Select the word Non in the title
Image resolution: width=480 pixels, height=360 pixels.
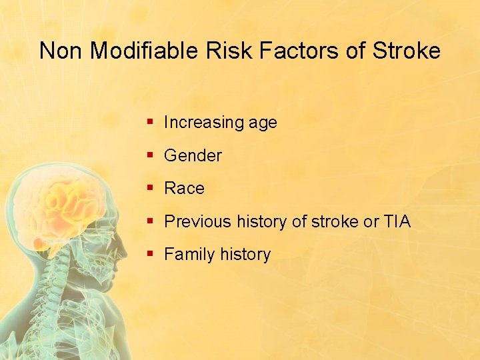point(61,51)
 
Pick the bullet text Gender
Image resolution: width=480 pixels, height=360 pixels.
point(193,156)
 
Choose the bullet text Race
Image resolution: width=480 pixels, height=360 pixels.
point(184,189)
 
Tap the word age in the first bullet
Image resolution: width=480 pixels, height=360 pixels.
point(263,123)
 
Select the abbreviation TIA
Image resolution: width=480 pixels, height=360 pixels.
point(397,221)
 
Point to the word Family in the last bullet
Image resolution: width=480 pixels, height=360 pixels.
point(187,254)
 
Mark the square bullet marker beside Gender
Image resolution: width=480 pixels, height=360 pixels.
point(151,156)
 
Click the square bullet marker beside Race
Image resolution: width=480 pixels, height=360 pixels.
point(151,189)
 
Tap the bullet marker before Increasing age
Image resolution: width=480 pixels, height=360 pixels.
point(151,123)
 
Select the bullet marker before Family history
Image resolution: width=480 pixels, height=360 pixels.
point(151,254)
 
